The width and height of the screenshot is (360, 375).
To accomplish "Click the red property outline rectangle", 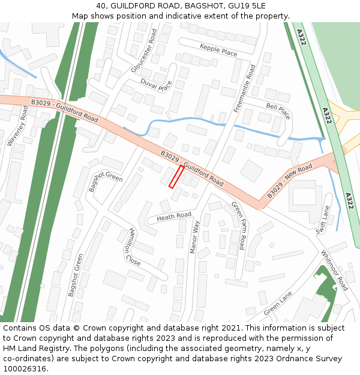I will (x=176, y=177).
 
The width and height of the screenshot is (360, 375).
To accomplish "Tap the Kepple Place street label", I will (x=218, y=50).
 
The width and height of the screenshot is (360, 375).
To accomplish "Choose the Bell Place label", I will (x=278, y=110).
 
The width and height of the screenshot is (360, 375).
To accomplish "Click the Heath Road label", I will (x=174, y=216).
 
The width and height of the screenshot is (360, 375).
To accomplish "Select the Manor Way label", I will (x=194, y=237).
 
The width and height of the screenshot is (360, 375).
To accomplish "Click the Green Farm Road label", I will (x=238, y=226).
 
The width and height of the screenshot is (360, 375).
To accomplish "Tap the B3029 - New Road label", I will (x=290, y=181).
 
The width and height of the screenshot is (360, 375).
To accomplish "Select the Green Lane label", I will (x=278, y=304).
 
